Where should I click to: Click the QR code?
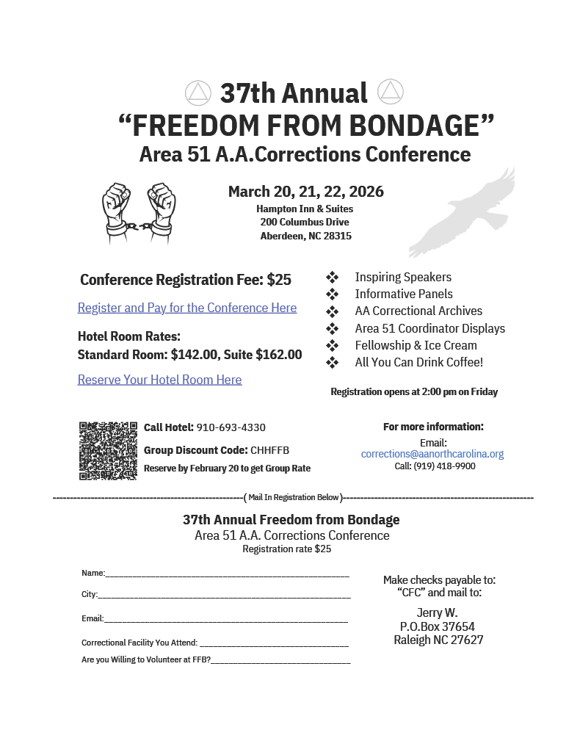108,450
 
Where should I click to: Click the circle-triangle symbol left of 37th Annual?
198,93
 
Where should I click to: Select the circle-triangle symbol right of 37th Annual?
390,93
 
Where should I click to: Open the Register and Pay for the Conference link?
187,308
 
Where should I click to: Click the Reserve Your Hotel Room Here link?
159,380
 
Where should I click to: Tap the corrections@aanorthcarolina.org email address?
432,454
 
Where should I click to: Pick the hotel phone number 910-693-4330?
231,427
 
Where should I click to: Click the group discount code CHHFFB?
269,450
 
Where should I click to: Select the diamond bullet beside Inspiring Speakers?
332,277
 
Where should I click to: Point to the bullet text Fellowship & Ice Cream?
416,345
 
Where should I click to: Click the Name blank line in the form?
228,574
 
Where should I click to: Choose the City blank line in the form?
224,595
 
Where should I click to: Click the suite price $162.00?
278,355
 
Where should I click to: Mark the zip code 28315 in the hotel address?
335,236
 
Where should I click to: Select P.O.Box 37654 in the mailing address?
438,626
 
